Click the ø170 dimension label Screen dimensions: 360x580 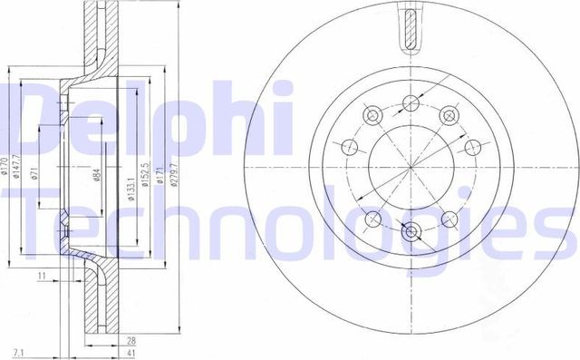(5, 167)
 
